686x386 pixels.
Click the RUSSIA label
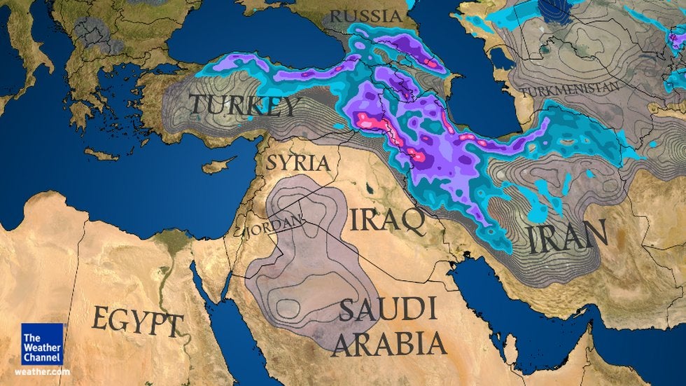367,16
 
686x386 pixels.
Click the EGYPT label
136,323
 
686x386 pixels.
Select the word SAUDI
387,309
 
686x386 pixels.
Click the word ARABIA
388,343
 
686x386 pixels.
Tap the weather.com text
42,372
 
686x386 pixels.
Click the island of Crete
102,153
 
